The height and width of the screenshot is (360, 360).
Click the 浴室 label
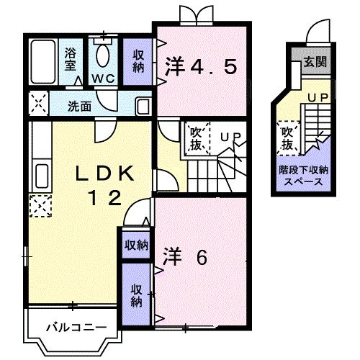coord(71,57)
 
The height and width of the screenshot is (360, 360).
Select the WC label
coord(102,78)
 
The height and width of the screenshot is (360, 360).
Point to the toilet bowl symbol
coord(102,54)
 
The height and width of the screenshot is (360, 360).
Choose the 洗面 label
coord(79,106)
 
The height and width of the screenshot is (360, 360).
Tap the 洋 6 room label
coord(185,256)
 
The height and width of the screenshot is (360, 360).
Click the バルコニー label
coord(69,328)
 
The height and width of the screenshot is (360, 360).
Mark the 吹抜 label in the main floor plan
coord(196,138)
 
